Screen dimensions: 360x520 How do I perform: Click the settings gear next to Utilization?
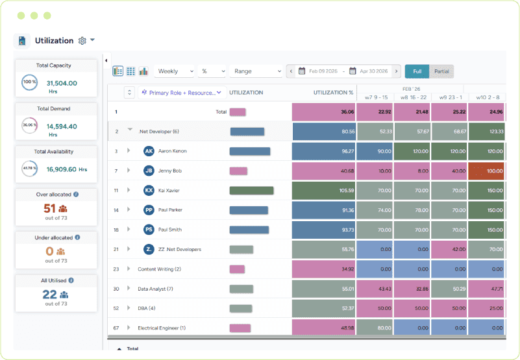[82, 41]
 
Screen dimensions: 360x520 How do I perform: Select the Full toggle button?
[417, 71]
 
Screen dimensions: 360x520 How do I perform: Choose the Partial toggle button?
[441, 71]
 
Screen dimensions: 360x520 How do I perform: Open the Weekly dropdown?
[175, 71]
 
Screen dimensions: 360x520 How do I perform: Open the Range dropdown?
[257, 71]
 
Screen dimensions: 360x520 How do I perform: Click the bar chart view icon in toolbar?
[143, 71]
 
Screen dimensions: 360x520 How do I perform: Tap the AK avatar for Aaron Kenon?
[149, 151]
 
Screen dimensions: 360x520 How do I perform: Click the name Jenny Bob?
[169, 171]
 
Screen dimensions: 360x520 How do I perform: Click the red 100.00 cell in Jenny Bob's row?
[487, 171]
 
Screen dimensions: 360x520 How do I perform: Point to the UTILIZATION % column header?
[333, 93]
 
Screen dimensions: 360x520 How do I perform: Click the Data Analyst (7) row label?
[155, 289]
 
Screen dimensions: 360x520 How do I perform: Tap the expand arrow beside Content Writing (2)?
[129, 269]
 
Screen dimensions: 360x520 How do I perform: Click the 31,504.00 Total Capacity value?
[62, 83]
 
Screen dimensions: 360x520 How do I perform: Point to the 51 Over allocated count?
[49, 208]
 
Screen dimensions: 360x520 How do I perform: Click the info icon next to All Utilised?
[71, 281]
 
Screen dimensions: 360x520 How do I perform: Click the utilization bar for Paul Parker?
[249, 210]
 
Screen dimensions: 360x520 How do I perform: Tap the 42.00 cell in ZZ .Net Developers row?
[449, 249]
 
